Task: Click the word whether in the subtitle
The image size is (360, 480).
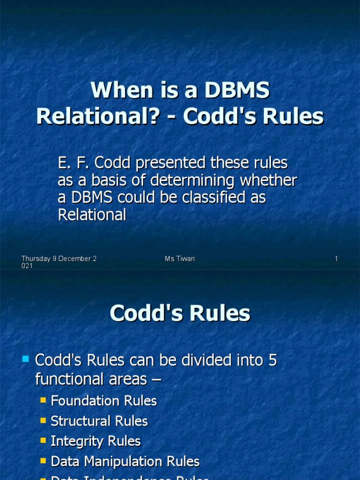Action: tap(270, 180)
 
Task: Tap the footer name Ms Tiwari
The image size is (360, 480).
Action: tap(180, 259)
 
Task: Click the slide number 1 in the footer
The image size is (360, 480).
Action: tap(336, 259)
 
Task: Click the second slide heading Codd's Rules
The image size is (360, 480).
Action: tap(180, 314)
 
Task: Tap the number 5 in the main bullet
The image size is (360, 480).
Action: tap(273, 360)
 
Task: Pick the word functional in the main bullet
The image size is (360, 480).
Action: tap(71, 379)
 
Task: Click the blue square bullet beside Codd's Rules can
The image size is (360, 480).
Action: tap(26, 360)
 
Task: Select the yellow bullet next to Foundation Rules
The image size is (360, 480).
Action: tap(43, 400)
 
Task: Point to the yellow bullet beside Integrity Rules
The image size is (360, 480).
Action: tap(43, 441)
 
